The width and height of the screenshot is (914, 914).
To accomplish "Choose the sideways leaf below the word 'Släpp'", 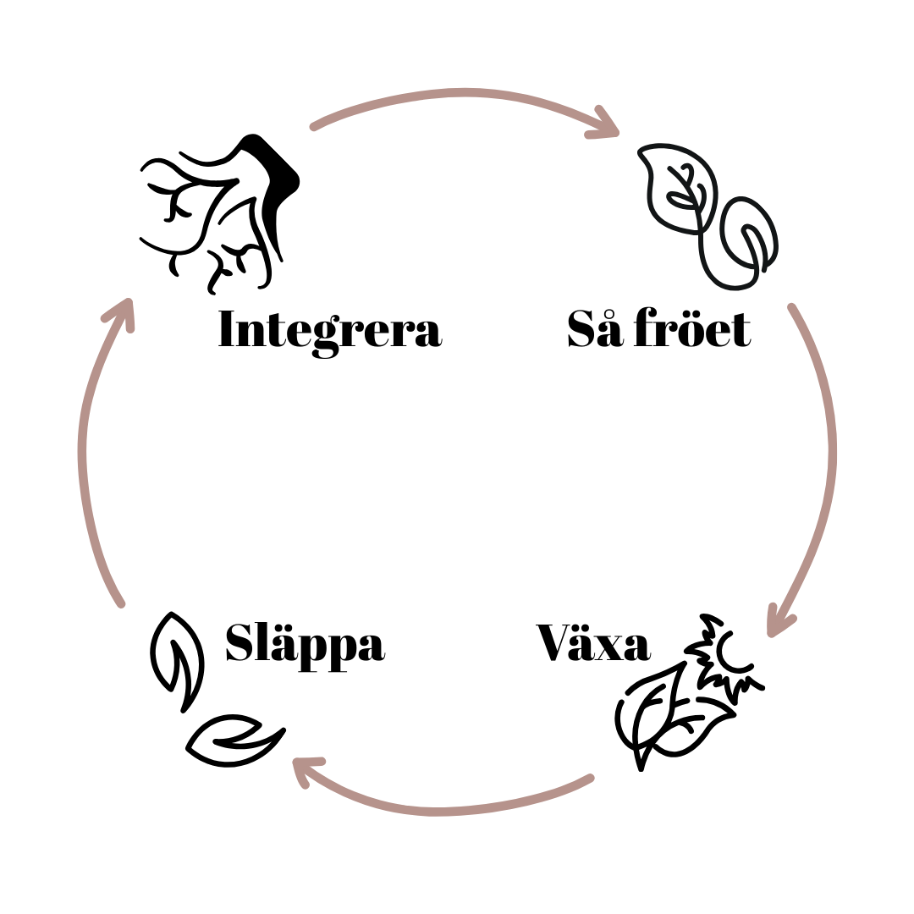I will tap(234, 741).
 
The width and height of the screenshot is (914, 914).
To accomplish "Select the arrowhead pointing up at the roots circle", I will tap(121, 312).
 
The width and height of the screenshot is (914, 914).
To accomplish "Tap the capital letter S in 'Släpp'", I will tap(240, 642).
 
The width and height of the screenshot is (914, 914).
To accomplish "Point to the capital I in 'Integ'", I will tap(227, 330).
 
